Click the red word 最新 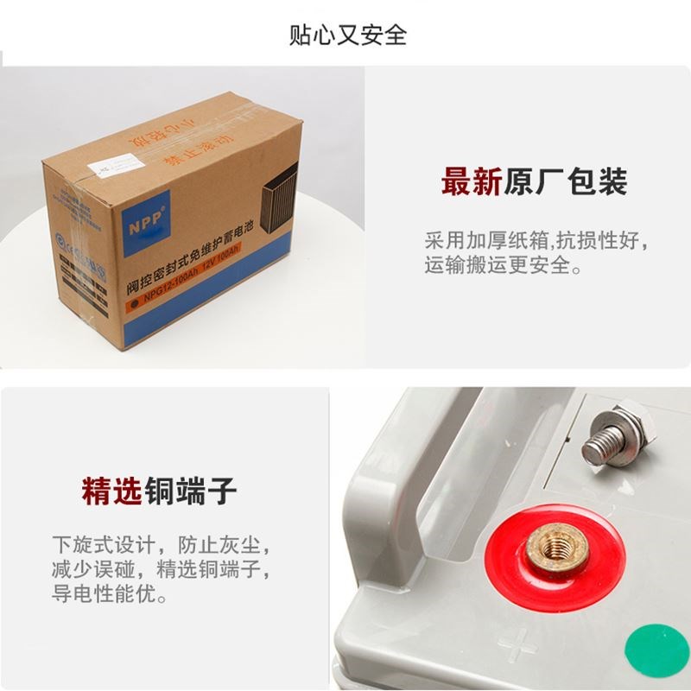click(472, 182)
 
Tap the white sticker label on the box click(118, 163)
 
